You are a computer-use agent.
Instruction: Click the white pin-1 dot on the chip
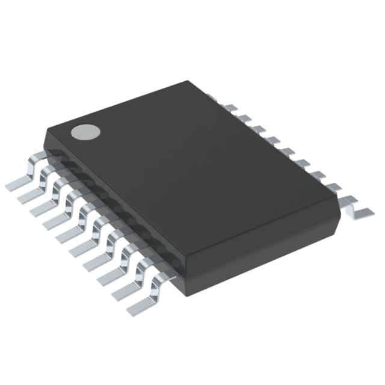click(x=85, y=131)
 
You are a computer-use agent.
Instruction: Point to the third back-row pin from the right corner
click(x=318, y=174)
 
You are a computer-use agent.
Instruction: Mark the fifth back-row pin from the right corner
click(x=288, y=151)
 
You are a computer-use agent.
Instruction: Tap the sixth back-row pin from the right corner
click(x=273, y=140)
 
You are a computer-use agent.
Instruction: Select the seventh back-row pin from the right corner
click(x=258, y=129)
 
